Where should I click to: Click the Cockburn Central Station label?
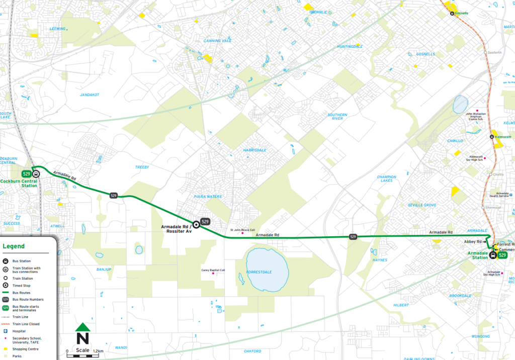[x=19, y=183]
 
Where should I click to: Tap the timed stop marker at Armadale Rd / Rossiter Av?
[x=196, y=225]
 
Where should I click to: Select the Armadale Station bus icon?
[x=493, y=255]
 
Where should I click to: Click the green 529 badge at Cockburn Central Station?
[x=26, y=173]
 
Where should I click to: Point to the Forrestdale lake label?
[x=260, y=272]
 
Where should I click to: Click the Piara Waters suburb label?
[x=208, y=197]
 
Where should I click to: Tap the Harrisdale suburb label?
[x=254, y=150]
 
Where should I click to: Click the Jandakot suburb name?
[x=90, y=95]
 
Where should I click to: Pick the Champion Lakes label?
[x=387, y=178]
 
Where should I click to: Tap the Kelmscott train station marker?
[x=492, y=137]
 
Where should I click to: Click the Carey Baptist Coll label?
[x=213, y=270]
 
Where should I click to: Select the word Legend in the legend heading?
[x=13, y=246]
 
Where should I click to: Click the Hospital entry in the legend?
[x=20, y=331]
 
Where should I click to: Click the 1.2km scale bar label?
[x=98, y=350]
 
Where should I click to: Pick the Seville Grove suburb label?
[x=422, y=205]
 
